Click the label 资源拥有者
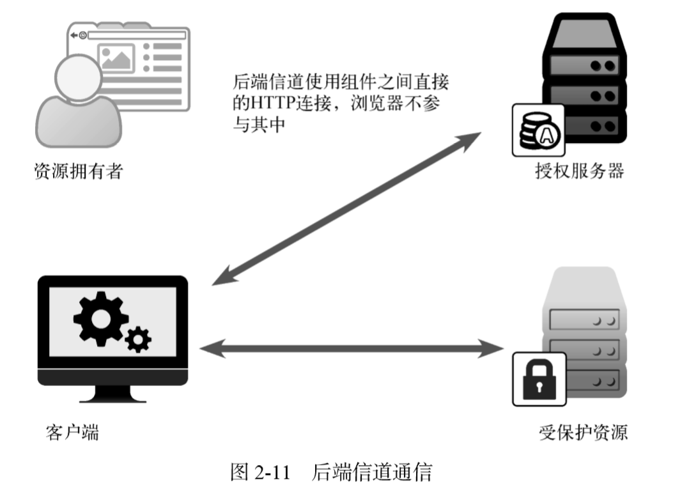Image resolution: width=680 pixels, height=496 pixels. point(77,171)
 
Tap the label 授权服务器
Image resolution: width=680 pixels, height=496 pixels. point(579,171)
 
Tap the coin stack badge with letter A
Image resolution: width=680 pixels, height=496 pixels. point(538,130)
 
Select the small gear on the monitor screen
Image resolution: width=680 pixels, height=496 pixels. point(137,338)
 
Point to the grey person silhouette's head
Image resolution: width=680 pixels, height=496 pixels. point(77,77)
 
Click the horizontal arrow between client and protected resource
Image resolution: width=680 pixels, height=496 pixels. point(351,349)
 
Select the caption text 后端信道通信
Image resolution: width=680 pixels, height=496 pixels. point(372,474)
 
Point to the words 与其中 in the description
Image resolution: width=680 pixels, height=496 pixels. point(258,125)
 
